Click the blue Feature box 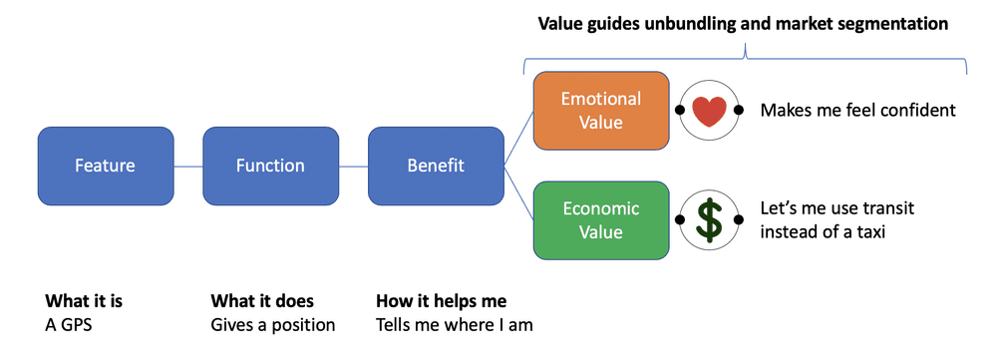pyautogui.click(x=105, y=166)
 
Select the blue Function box pyautogui.click(x=270, y=166)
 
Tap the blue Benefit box pyautogui.click(x=436, y=166)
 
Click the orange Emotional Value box pyautogui.click(x=600, y=111)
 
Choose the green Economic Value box pyautogui.click(x=600, y=220)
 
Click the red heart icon pyautogui.click(x=709, y=111)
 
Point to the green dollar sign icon pyautogui.click(x=709, y=221)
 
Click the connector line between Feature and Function pyautogui.click(x=187, y=166)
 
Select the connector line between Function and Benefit pyautogui.click(x=353, y=166)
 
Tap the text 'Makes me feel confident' pyautogui.click(x=857, y=111)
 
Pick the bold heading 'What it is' pyautogui.click(x=84, y=301)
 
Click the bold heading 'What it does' pyautogui.click(x=262, y=301)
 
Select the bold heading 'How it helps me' pyautogui.click(x=441, y=301)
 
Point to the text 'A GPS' pyautogui.click(x=68, y=325)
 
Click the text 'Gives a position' pyautogui.click(x=272, y=325)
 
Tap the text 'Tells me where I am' pyautogui.click(x=454, y=325)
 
